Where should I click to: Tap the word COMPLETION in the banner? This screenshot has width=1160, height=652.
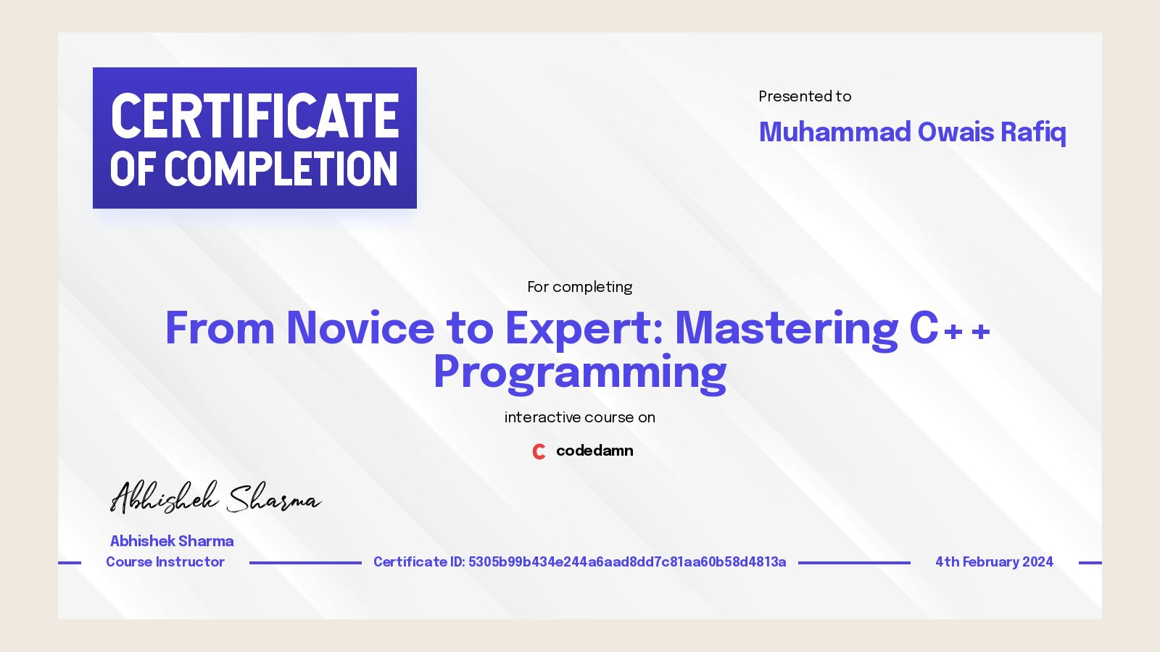pos(281,170)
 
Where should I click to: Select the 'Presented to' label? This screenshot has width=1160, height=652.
pos(805,96)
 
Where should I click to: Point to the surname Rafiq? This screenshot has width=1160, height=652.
pos(1033,132)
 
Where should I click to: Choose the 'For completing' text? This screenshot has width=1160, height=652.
pos(579,287)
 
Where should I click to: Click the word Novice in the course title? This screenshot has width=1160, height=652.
pos(360,328)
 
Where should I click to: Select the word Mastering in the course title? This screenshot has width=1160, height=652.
pos(787,328)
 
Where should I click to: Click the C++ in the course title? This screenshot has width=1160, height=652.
pos(950,328)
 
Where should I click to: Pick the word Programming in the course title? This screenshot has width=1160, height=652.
pos(579,372)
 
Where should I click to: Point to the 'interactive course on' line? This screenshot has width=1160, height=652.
pos(579,417)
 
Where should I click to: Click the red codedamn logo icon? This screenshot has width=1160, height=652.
pos(539,451)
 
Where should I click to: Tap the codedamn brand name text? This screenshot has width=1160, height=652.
pos(594,451)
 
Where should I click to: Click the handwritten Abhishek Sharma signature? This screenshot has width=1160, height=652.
pos(215,498)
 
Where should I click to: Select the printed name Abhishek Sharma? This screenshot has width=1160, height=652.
pos(172,541)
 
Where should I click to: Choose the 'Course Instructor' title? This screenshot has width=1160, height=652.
pos(165,562)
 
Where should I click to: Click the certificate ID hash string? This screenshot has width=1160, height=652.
pos(627,562)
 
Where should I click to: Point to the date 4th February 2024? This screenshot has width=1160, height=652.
pos(994,562)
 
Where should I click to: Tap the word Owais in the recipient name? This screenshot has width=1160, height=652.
pos(956,132)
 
